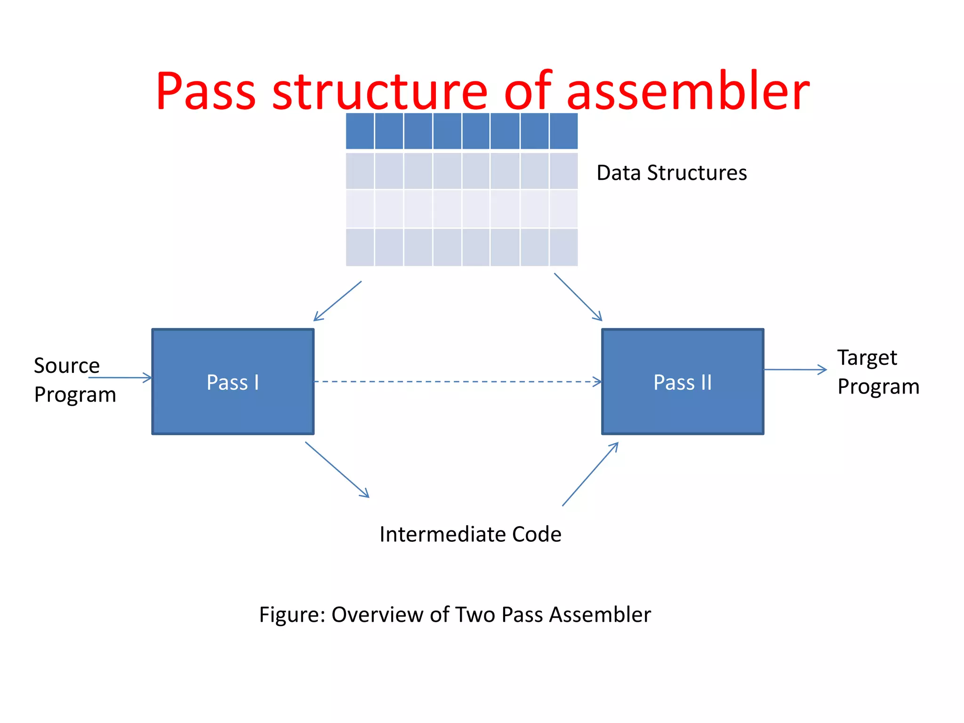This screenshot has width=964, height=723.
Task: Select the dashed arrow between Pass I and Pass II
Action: pyautogui.click(x=457, y=381)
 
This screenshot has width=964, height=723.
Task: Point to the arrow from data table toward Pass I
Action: pyautogui.click(x=337, y=301)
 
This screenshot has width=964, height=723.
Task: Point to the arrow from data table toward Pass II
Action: pyautogui.click(x=578, y=297)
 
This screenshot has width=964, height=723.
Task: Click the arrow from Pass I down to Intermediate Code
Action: pyautogui.click(x=337, y=469)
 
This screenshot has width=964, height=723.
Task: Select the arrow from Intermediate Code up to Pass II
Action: pyautogui.click(x=590, y=474)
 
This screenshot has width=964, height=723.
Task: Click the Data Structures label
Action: pyautogui.click(x=671, y=173)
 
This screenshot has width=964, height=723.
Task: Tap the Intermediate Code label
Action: pyautogui.click(x=470, y=534)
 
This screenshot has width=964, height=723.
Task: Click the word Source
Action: pyautogui.click(x=67, y=366)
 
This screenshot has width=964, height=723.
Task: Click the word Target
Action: pyautogui.click(x=867, y=358)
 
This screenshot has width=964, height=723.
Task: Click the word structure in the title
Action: pyautogui.click(x=379, y=91)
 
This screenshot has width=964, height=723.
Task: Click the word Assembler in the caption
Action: pyautogui.click(x=600, y=615)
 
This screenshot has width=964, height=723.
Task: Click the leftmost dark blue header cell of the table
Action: pyautogui.click(x=360, y=131)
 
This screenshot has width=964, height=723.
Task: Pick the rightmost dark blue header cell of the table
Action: pyautogui.click(x=563, y=131)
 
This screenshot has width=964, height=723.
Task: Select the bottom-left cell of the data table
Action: pyautogui.click(x=360, y=248)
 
